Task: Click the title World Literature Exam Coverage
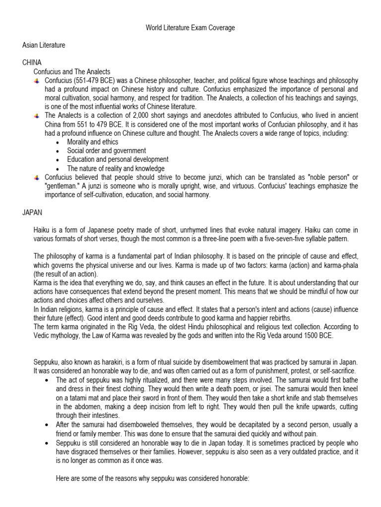click(190, 28)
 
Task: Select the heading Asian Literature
click(44, 46)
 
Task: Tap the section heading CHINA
click(32, 63)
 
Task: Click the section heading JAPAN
click(32, 212)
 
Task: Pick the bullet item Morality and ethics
click(92, 142)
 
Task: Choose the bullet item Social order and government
click(106, 151)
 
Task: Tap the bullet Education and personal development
click(118, 159)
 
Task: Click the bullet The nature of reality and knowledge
click(116, 168)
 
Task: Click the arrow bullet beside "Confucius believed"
click(36, 177)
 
